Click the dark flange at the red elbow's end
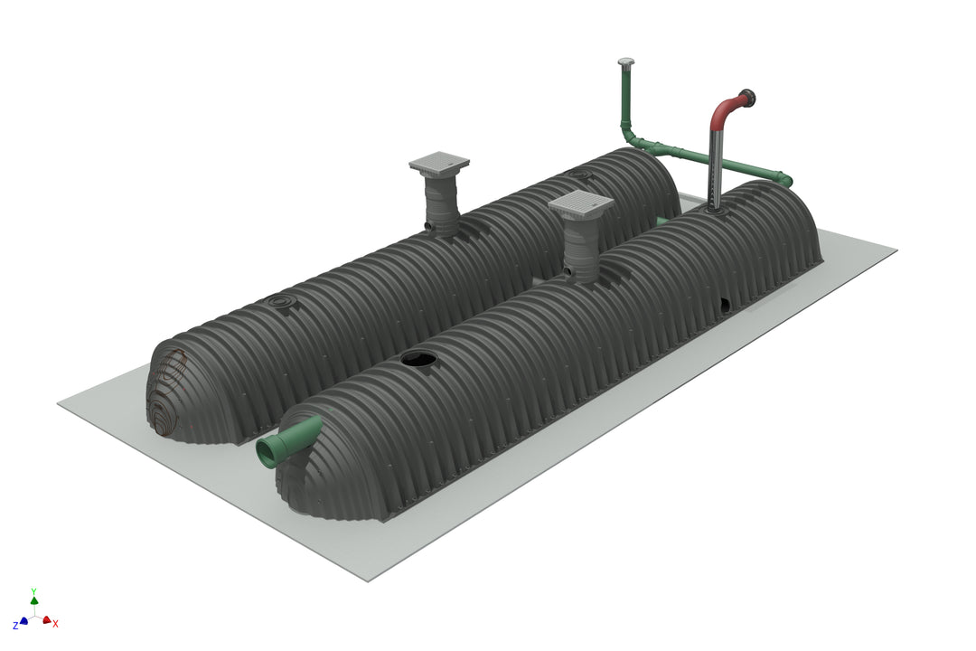(x=748, y=98)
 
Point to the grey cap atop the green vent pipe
(x=625, y=62)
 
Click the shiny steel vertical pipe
(x=715, y=167)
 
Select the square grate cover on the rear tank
(x=439, y=163)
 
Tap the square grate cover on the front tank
(x=580, y=206)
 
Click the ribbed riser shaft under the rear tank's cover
(x=442, y=203)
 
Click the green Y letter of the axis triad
(x=33, y=589)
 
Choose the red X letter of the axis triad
(x=56, y=624)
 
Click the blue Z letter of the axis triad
(x=15, y=625)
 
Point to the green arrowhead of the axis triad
(x=34, y=599)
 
